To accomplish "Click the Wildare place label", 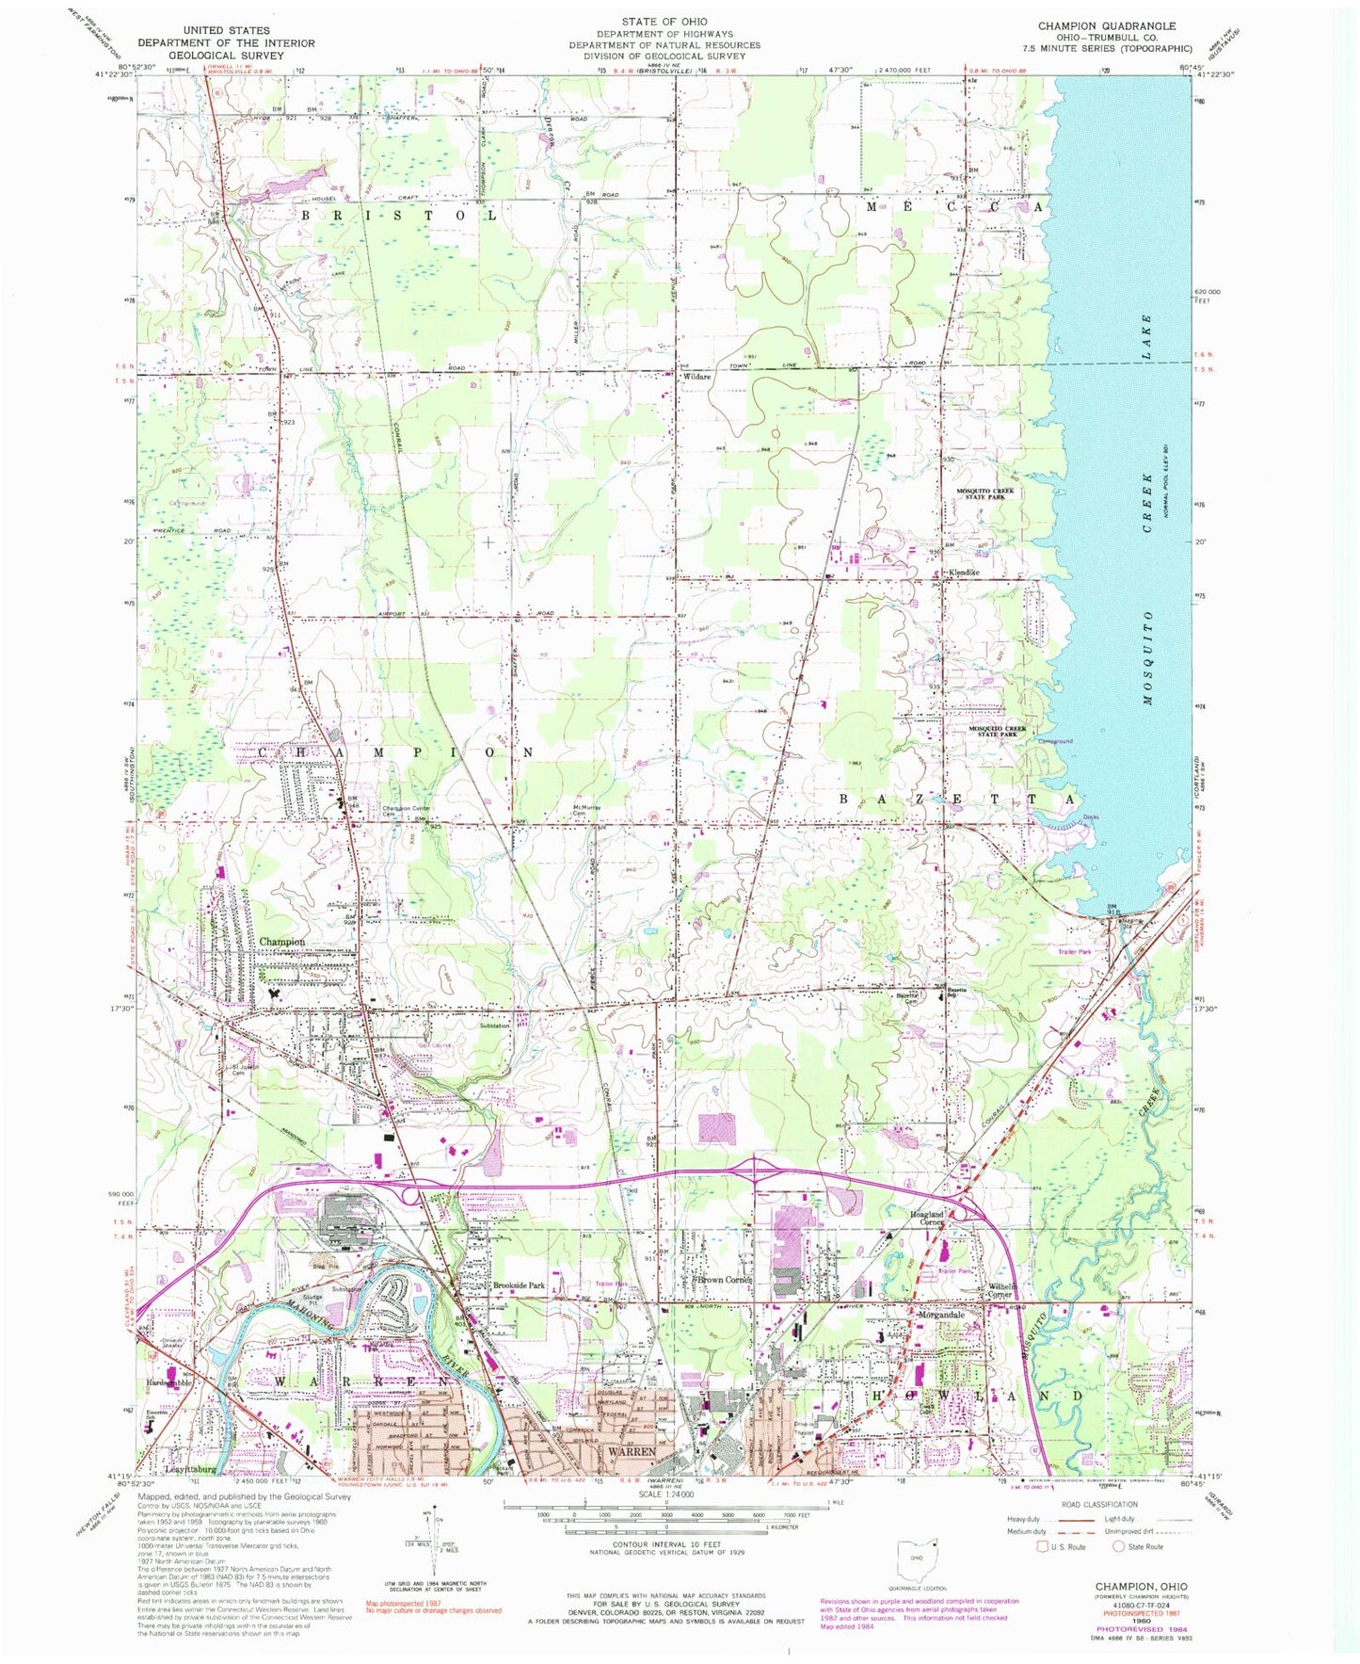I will (696, 377).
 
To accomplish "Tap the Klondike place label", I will (963, 573).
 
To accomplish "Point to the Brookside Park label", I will (519, 1284).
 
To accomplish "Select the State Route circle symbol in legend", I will (1120, 1546).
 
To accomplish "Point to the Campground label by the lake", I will (1054, 741).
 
